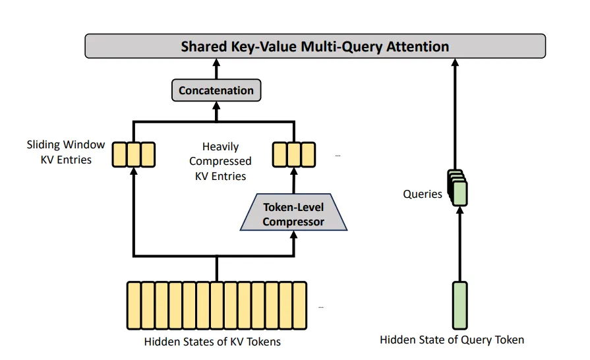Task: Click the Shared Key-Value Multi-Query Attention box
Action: pos(315,46)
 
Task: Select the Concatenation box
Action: pos(216,90)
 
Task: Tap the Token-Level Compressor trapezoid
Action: pos(293,212)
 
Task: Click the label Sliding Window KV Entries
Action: pos(66,152)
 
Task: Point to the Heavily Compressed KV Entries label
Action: pos(220,161)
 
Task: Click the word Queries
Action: pos(423,194)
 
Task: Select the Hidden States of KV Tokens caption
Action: pos(212,342)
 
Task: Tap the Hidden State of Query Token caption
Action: pos(452,340)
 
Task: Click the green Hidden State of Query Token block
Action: pos(459,305)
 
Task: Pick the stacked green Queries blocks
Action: pos(457,188)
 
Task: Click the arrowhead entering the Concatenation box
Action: pos(216,105)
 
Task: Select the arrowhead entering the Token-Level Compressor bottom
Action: pos(294,235)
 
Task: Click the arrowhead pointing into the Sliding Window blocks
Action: pos(134,171)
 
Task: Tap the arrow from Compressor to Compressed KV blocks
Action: pos(294,181)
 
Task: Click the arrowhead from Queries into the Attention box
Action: pos(455,63)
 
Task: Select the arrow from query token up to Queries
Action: pos(459,244)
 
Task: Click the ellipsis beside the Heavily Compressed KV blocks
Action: pos(338,156)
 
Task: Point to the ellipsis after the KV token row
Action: pos(321,307)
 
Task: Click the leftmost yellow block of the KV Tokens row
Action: pos(134,305)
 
